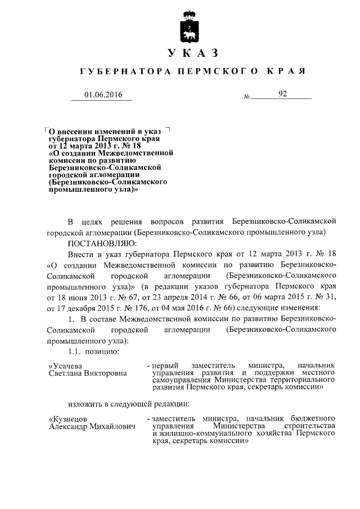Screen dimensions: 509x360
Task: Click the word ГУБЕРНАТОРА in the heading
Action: click(x=118, y=73)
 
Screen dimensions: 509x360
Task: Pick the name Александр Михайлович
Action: click(x=93, y=427)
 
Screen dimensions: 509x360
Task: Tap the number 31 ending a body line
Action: click(x=331, y=297)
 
